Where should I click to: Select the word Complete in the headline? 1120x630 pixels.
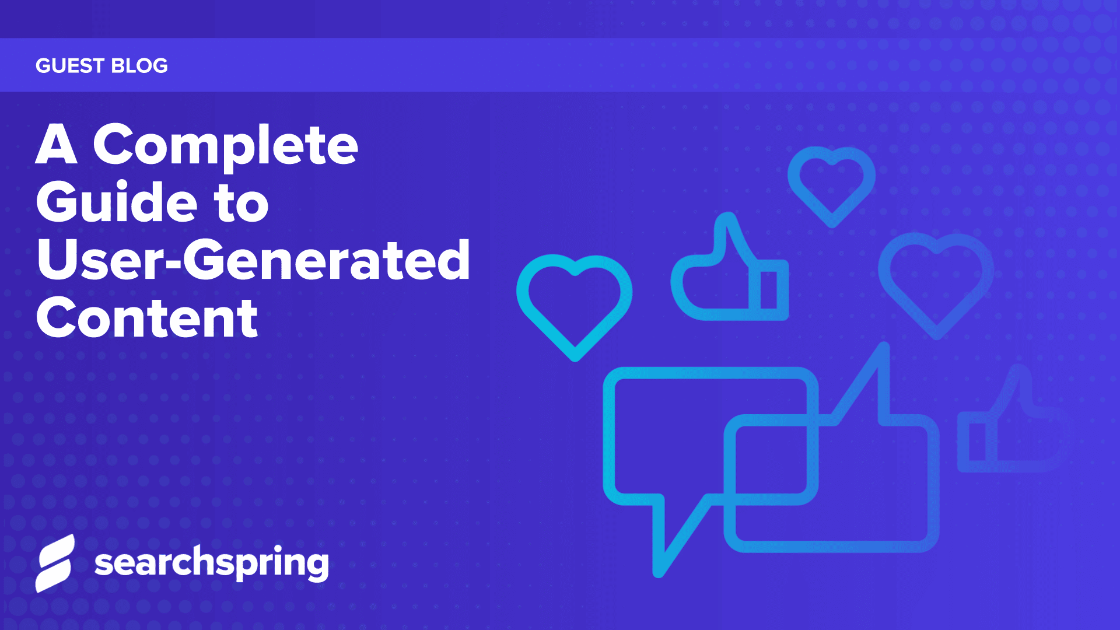click(226, 146)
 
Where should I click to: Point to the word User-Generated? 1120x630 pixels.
click(253, 260)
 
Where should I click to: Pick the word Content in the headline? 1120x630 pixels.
click(147, 318)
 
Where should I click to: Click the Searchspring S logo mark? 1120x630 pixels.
click(55, 563)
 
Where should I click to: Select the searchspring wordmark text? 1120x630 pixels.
click(211, 563)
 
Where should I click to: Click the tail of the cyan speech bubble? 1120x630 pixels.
click(671, 537)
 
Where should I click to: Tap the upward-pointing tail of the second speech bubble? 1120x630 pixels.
click(869, 379)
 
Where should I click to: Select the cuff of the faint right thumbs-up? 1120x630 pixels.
click(977, 442)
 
